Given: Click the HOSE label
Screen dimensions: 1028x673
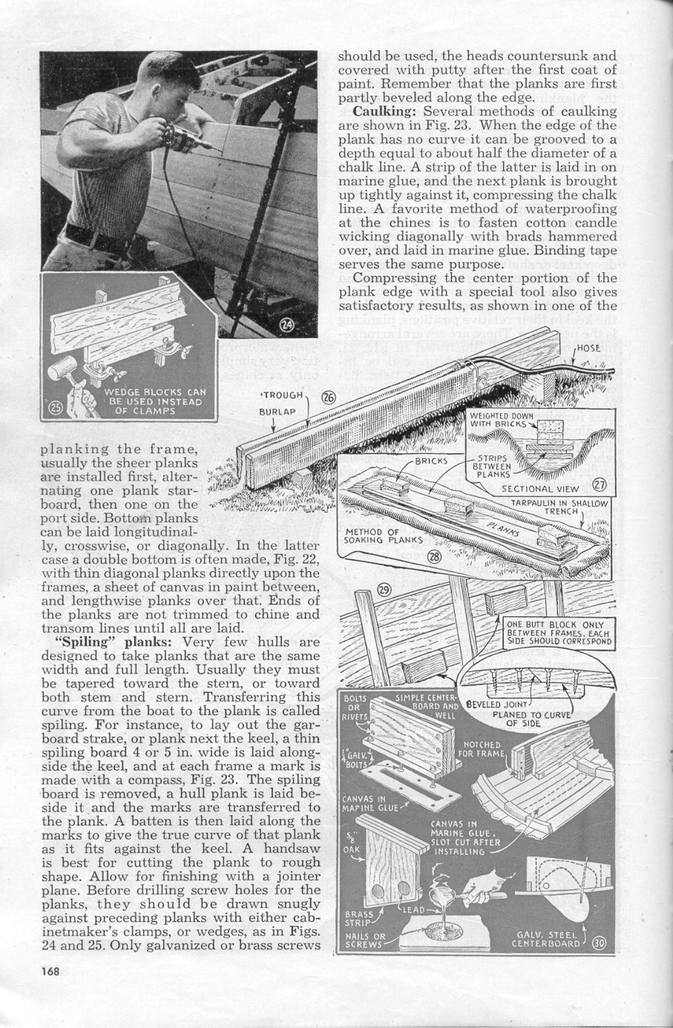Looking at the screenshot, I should point(588,348).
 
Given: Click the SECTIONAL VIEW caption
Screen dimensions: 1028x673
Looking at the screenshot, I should point(540,488).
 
